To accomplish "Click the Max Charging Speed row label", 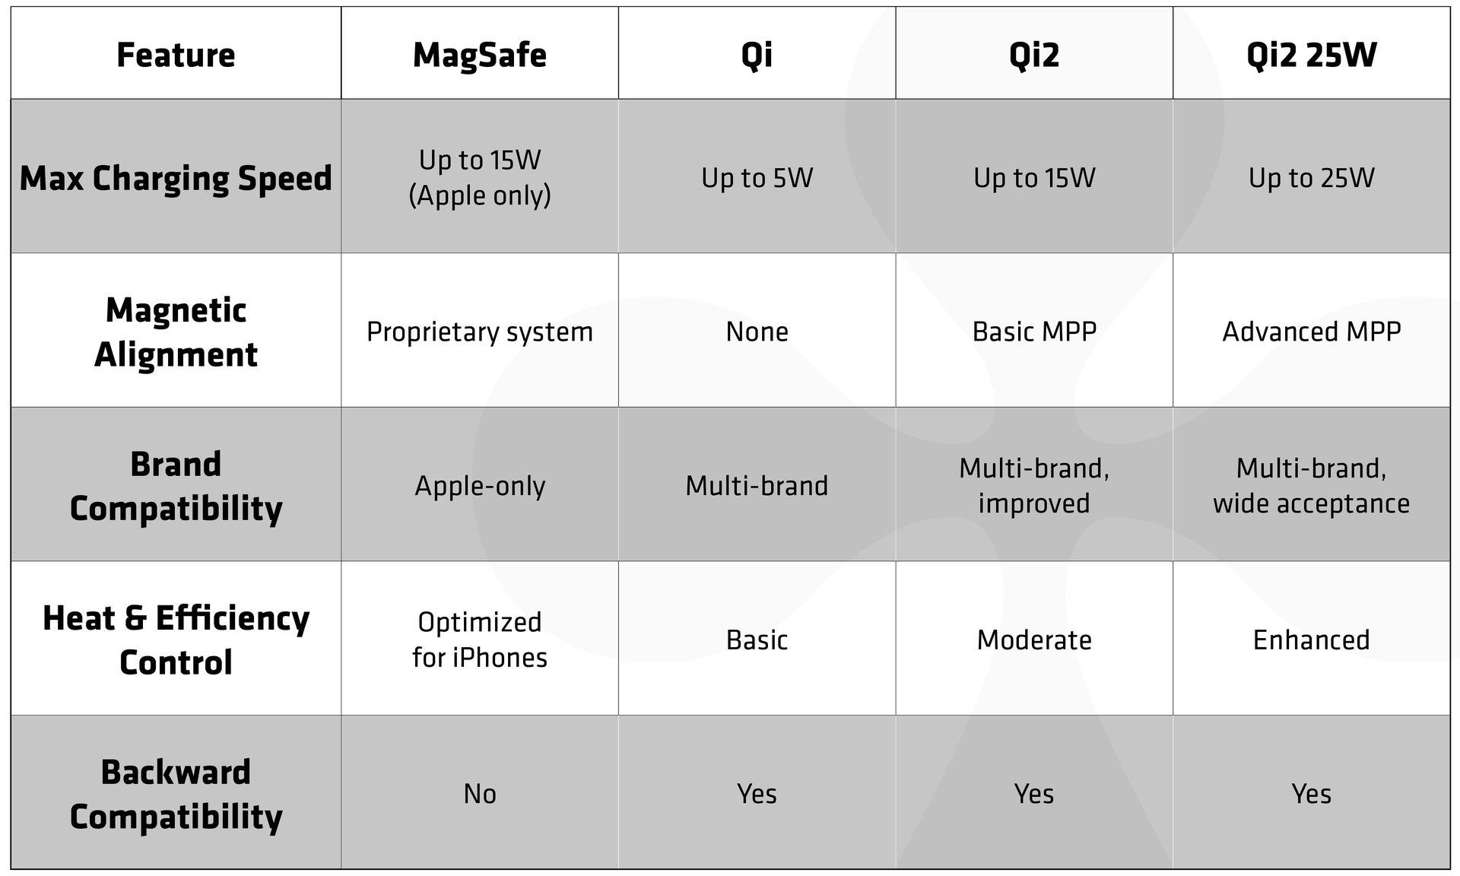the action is coord(176,178).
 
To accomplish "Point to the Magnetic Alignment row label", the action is coord(176,332).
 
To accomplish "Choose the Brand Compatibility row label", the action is coord(176,486).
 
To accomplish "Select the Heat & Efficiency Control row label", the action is coord(176,640).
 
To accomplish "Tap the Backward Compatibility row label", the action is coord(176,794).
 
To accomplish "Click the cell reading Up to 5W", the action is coord(757,178).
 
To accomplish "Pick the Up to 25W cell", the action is coord(1311,178).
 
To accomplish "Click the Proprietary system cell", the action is coord(479,332).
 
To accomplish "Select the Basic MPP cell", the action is coord(1034,332).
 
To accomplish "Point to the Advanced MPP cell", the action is coord(1311,332).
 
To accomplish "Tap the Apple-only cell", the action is coord(479,486).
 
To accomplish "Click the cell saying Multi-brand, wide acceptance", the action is coord(1311,486).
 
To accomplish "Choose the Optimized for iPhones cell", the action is coord(479,640).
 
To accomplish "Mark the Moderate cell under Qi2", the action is coord(1034,640).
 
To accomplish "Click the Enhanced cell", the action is coord(1311,640).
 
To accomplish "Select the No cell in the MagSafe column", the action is coord(479,794).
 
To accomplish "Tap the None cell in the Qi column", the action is coord(757,332).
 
